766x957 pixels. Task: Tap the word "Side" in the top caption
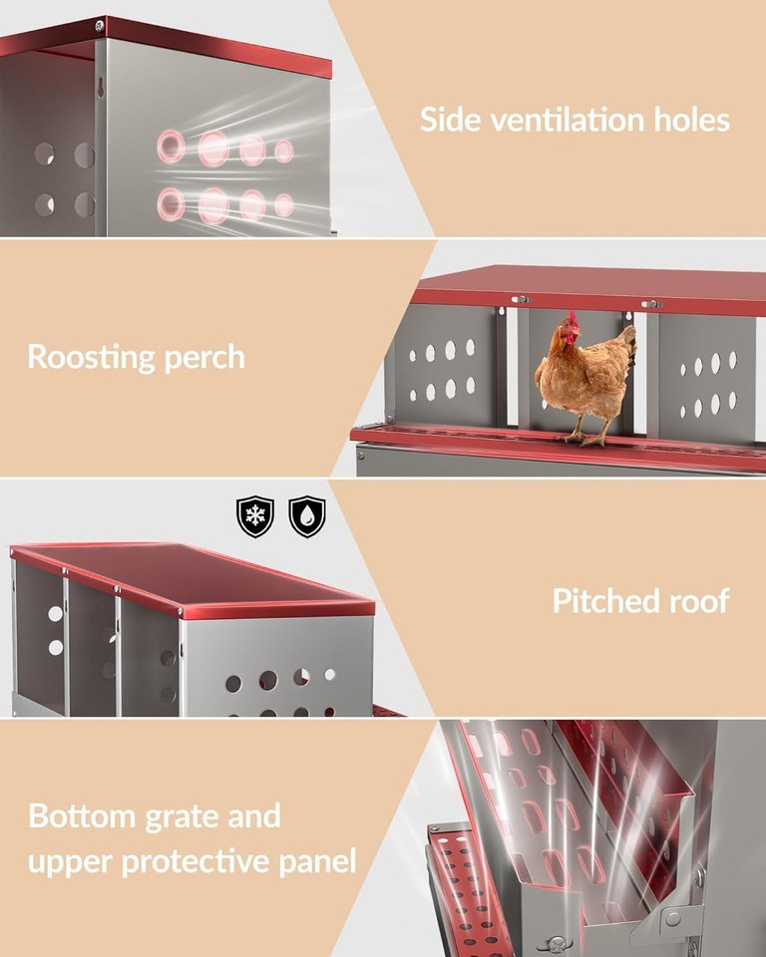click(443, 121)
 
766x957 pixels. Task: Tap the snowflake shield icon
click(254, 516)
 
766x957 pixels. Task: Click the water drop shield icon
click(306, 516)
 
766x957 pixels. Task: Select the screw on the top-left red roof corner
click(99, 25)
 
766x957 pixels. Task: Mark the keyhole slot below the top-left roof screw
click(101, 89)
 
